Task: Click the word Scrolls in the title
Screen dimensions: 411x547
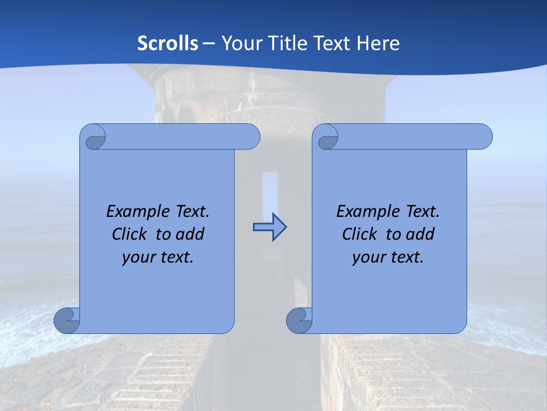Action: click(168, 43)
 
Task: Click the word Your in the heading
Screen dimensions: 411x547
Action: click(239, 43)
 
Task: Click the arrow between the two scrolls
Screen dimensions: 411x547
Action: click(270, 227)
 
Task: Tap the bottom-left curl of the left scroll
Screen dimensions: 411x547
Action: click(67, 320)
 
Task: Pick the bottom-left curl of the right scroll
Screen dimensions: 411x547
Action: click(299, 320)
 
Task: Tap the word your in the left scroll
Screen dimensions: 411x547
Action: click(137, 257)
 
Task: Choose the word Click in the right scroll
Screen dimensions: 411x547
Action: click(359, 234)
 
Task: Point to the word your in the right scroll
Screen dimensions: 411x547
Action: click(368, 257)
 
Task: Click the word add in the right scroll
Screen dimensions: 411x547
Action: click(420, 234)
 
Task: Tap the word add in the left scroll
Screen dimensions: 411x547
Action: click(190, 234)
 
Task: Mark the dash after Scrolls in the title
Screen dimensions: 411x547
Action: click(209, 43)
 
